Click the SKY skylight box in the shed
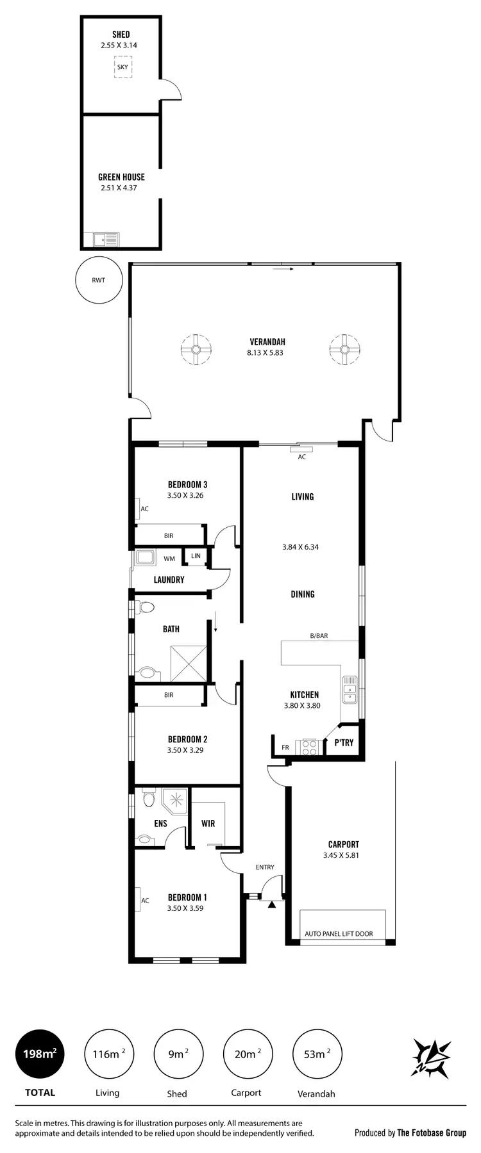[122, 67]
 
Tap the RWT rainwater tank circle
[99, 280]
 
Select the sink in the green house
[106, 240]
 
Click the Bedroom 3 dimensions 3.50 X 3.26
[185, 495]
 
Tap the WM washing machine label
[169, 559]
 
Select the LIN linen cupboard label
[196, 555]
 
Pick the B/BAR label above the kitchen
[319, 636]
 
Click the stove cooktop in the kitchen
[310, 746]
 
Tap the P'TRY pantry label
[344, 743]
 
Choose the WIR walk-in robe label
[208, 823]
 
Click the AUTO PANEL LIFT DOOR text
[339, 934]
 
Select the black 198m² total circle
[40, 1054]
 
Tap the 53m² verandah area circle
[317, 1054]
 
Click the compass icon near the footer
[431, 1055]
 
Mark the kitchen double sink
[350, 689]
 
